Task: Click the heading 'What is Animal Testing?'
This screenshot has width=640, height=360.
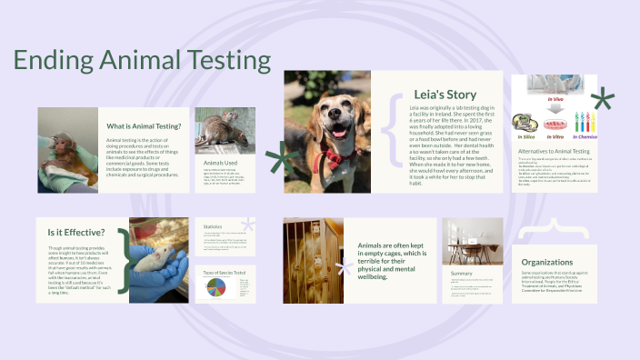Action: click(x=141, y=126)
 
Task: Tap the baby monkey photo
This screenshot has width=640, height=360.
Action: click(x=67, y=149)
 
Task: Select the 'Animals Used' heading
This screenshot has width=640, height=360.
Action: click(x=219, y=163)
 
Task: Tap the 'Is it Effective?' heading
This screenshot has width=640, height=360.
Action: click(x=76, y=232)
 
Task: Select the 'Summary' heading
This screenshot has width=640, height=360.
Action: click(x=461, y=273)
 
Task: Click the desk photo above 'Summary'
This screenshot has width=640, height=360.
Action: click(x=472, y=241)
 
